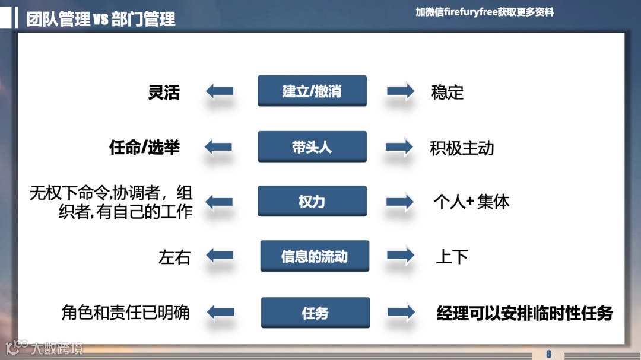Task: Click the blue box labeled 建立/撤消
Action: (312, 91)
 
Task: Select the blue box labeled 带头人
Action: (312, 147)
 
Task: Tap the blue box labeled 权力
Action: (312, 202)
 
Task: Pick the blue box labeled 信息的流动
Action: (315, 256)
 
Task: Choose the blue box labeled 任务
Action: (315, 313)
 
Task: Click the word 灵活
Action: (164, 93)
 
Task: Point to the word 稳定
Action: (448, 93)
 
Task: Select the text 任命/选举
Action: (144, 148)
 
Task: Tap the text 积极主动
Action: (462, 148)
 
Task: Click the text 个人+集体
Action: (471, 202)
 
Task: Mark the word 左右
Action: (174, 257)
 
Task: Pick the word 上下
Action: (452, 257)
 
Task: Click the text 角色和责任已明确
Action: (125, 313)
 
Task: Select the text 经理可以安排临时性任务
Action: (524, 313)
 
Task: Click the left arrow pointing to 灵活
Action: (219, 92)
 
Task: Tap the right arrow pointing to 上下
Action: (401, 256)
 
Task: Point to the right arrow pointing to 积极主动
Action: (400, 147)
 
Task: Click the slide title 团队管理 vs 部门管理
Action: (101, 19)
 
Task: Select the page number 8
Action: (548, 354)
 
